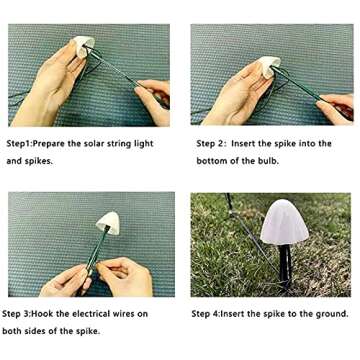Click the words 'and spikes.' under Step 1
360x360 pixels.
[30, 160]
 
